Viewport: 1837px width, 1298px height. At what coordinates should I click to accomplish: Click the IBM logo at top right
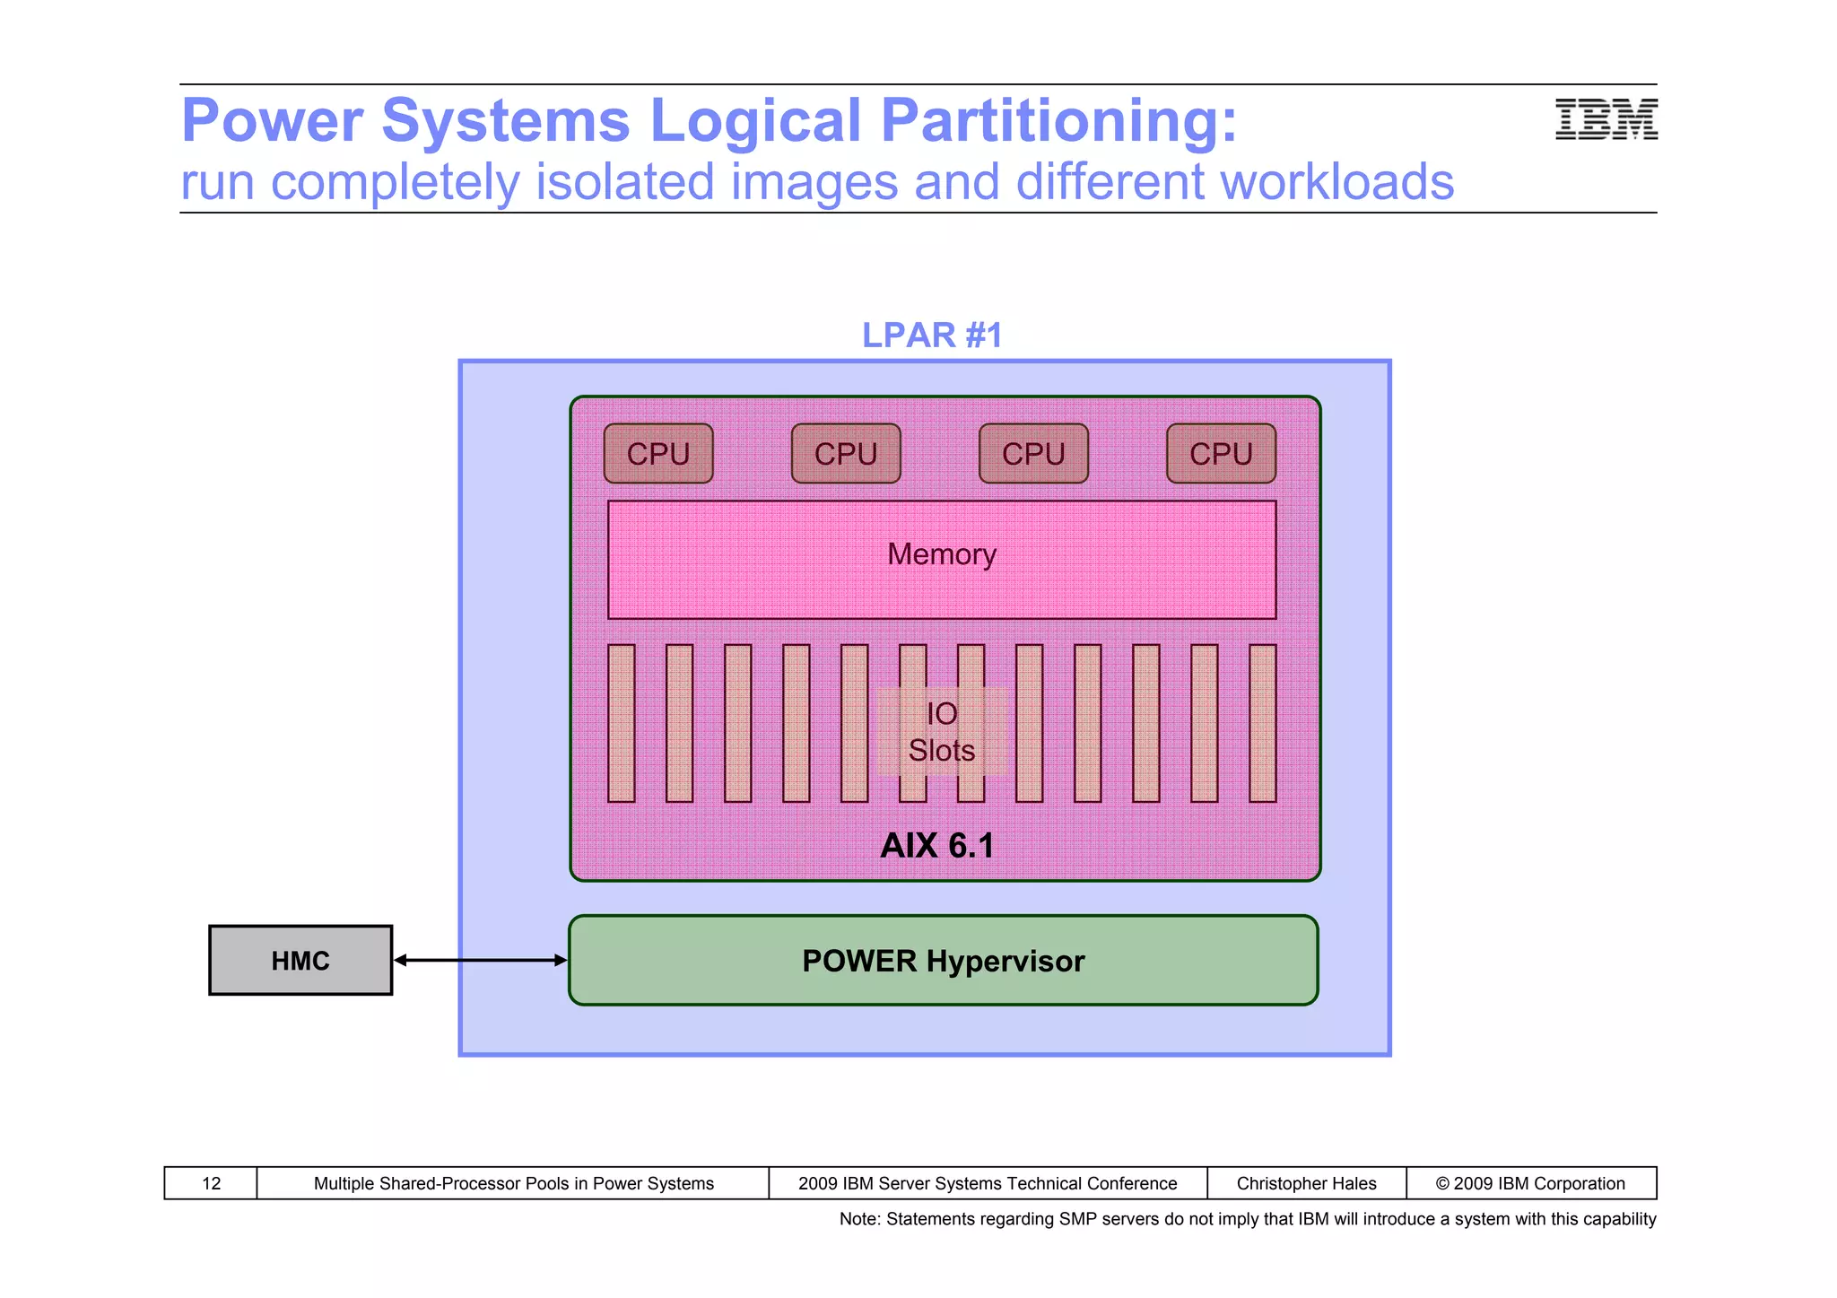1606,119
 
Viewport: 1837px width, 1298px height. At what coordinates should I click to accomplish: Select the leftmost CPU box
658,454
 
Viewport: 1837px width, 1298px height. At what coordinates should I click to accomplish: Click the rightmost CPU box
1221,454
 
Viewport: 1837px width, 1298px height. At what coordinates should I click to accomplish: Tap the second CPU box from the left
846,454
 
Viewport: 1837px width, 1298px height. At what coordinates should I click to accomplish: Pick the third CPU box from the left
1033,454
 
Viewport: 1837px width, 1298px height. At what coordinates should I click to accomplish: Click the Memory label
941,554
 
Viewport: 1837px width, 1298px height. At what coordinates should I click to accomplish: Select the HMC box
300,961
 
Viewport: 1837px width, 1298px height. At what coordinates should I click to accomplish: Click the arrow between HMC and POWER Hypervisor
481,961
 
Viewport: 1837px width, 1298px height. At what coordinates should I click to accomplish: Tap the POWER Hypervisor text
943,962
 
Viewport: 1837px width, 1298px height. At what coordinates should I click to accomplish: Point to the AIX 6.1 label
937,846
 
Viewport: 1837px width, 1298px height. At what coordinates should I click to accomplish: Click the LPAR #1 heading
931,335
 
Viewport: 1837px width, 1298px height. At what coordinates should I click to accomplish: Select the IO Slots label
941,732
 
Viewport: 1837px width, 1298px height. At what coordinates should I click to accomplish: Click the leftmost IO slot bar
621,723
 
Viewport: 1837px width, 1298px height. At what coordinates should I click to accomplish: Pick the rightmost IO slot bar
1262,723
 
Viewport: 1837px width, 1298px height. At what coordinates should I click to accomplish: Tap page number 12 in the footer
211,1183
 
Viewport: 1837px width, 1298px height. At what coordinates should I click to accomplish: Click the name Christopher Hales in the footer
1306,1183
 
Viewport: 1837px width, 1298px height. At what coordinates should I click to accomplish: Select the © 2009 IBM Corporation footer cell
1530,1183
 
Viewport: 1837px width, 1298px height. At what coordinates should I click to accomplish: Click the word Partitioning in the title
1058,121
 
